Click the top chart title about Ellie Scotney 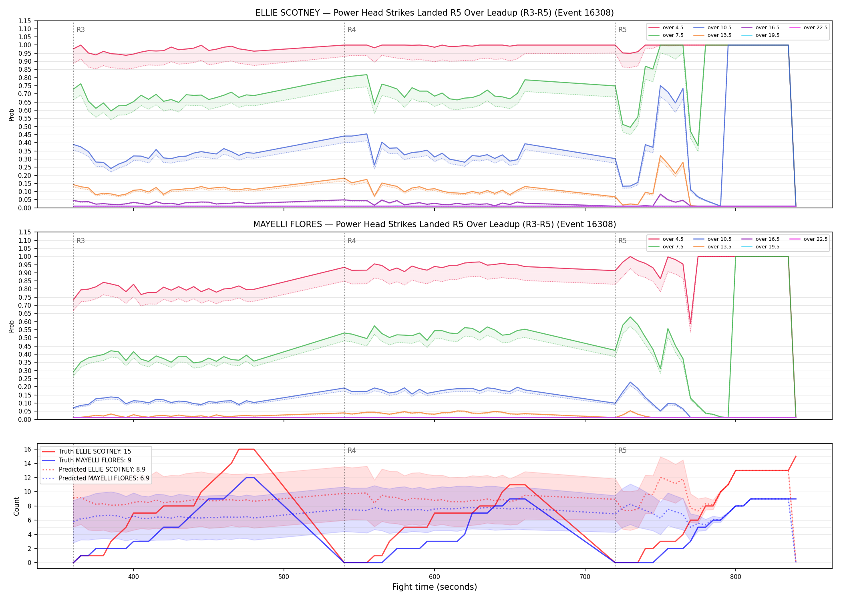point(435,13)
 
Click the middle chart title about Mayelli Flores point(435,224)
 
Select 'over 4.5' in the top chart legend point(673,28)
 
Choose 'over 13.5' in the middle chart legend point(719,247)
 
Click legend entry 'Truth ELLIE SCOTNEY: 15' point(95,452)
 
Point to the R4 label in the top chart point(352,30)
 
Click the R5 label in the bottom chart point(622,450)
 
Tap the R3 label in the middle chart point(80,241)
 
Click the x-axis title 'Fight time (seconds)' point(435,587)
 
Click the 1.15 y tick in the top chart point(25,21)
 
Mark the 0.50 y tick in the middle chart point(25,338)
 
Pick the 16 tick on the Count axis point(28,449)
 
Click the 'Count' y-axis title point(16,506)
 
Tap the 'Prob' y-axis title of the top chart point(12,115)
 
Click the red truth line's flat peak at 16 point(246,449)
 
